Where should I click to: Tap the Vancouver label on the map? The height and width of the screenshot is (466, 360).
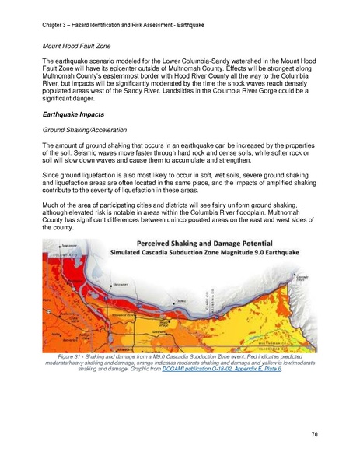click(119, 285)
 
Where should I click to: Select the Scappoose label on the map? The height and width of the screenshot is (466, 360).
click(72, 246)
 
